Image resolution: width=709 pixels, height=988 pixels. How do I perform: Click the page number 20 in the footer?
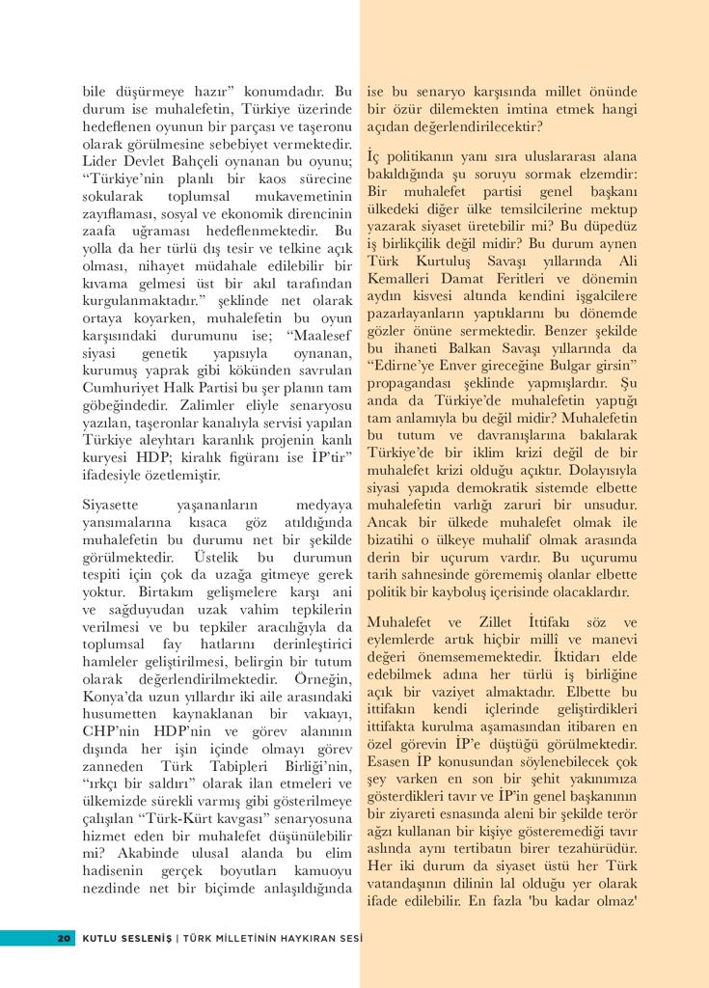point(65,938)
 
